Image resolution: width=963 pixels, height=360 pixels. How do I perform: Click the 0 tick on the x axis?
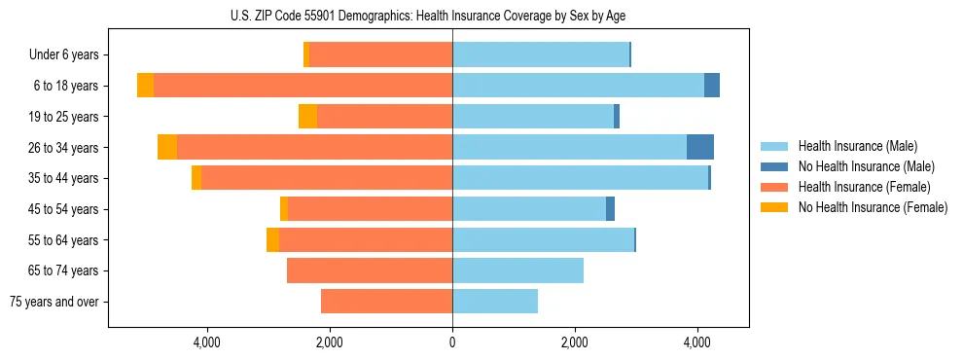(x=452, y=342)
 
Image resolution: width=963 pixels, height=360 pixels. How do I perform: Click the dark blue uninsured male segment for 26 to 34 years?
(x=700, y=147)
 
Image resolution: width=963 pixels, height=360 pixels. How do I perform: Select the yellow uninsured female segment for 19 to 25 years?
(x=307, y=117)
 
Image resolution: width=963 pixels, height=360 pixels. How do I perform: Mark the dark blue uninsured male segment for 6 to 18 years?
(x=712, y=86)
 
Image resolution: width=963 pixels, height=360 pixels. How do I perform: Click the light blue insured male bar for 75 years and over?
(x=495, y=302)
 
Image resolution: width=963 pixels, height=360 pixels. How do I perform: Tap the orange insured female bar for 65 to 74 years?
(x=370, y=270)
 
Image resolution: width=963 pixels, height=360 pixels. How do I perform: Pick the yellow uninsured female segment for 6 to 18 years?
(x=145, y=86)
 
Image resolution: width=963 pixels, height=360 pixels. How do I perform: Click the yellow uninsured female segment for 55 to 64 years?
(x=272, y=240)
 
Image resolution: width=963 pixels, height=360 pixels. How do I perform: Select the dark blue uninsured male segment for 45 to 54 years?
(x=610, y=209)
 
